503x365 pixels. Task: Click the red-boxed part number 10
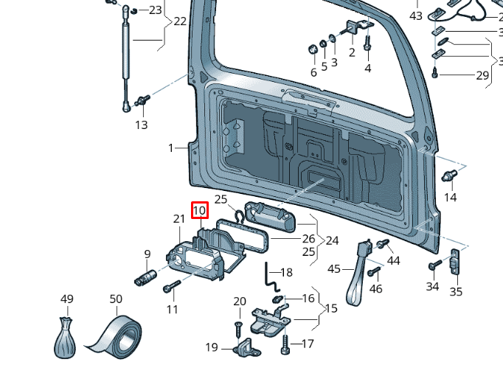pyautogui.click(x=198, y=210)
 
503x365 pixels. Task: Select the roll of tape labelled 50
pyautogui.click(x=118, y=335)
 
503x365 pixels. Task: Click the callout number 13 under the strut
pyautogui.click(x=142, y=125)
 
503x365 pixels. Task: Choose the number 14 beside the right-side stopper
pyautogui.click(x=450, y=197)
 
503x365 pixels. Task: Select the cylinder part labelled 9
pyautogui.click(x=145, y=279)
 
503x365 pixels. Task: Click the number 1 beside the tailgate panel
pyautogui.click(x=170, y=147)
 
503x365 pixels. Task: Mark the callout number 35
pyautogui.click(x=456, y=292)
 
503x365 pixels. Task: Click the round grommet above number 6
pyautogui.click(x=313, y=49)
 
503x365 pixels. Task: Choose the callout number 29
pyautogui.click(x=482, y=75)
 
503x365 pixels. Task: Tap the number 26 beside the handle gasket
pyautogui.click(x=308, y=238)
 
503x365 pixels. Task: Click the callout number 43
pyautogui.click(x=416, y=15)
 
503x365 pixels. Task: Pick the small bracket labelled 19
pyautogui.click(x=243, y=347)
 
